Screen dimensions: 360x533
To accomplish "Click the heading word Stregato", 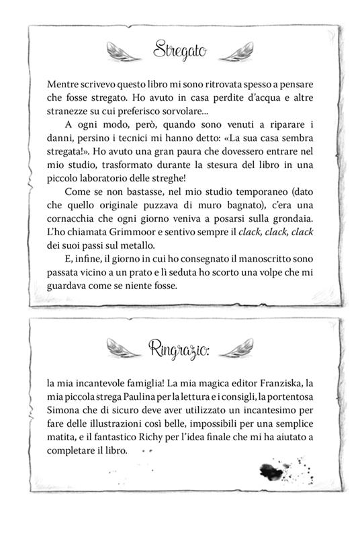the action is (179, 49).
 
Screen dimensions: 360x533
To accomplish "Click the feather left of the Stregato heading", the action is (124, 50).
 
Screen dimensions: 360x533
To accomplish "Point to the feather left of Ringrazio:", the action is (123, 348).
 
